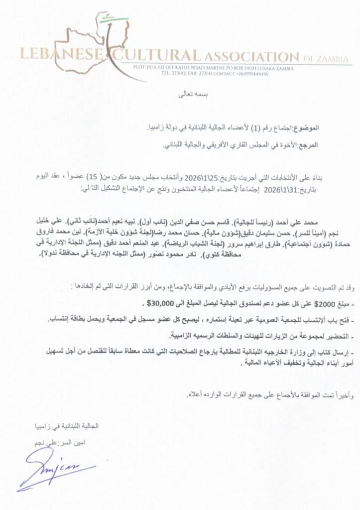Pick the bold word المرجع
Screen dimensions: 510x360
(x=309, y=145)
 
